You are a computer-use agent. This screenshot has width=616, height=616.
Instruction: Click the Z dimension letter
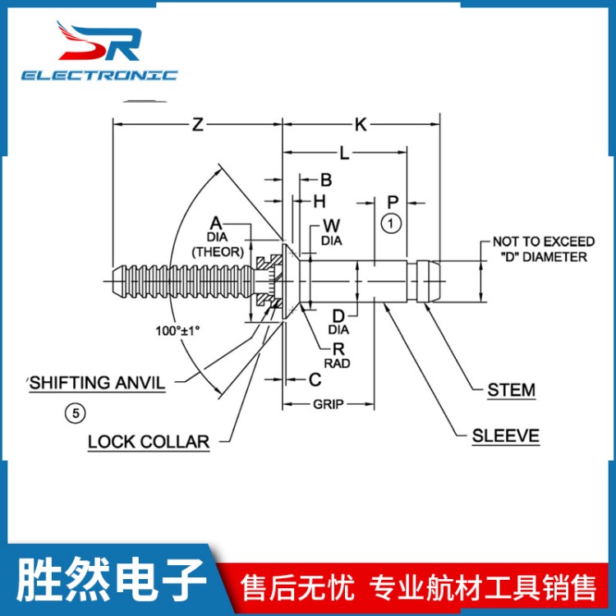click(197, 125)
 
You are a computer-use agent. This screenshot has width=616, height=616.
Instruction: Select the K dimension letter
click(361, 125)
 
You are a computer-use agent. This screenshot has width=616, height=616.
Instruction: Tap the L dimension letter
click(344, 153)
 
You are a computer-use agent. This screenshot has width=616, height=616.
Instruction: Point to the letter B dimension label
click(325, 180)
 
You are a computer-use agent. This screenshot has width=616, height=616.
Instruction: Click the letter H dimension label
click(319, 200)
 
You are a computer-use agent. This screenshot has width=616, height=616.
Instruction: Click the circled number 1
click(392, 223)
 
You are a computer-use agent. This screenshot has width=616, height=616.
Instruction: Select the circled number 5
click(75, 413)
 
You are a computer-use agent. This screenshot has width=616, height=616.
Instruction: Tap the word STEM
click(511, 390)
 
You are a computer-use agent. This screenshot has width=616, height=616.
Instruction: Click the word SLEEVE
click(505, 435)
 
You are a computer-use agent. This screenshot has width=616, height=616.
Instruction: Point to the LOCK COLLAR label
click(149, 442)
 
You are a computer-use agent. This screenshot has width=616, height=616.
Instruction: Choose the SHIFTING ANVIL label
click(97, 383)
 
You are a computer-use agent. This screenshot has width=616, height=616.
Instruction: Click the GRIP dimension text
click(328, 404)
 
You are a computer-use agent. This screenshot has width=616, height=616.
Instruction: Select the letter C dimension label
click(314, 379)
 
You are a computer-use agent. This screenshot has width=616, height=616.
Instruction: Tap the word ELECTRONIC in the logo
click(99, 75)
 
